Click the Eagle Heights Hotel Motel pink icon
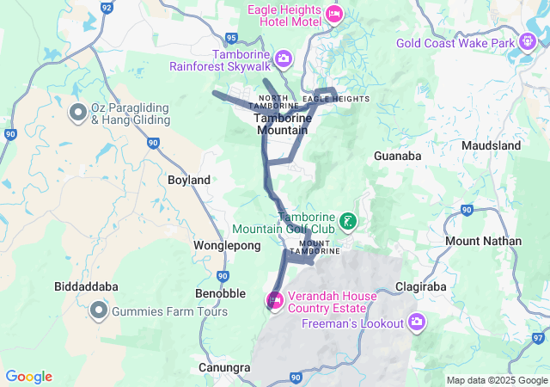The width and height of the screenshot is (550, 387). coord(334,14)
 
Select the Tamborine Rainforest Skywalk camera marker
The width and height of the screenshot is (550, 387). coord(283,59)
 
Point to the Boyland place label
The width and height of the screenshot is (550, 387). coord(190,181)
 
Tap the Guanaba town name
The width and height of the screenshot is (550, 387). coord(398,157)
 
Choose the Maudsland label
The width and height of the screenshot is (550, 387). coord(491,146)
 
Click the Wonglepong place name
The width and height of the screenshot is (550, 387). coord(227,246)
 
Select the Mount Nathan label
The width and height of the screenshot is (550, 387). coord(484,241)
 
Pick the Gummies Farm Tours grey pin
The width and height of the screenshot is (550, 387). coord(100,310)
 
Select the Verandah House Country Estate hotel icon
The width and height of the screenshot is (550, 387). coord(275,300)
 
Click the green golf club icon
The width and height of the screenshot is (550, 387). coord(348,223)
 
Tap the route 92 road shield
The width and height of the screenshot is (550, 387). coord(107,7)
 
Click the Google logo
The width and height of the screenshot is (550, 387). coord(28,377)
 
